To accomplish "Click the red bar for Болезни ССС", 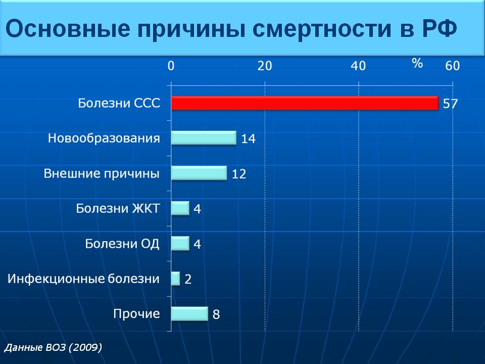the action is point(305,103).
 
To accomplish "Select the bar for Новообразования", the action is point(204,138).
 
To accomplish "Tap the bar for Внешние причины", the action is point(199,173).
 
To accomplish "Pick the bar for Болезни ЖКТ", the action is point(180,208).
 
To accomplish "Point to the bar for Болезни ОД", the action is point(180,243).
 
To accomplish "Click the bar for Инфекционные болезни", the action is point(176,279).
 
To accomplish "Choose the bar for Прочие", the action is point(189,314).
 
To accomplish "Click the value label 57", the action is point(450,103).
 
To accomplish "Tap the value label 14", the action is point(249,139).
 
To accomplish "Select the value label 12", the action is point(239,174).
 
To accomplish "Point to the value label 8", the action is point(216,314).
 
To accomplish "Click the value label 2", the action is point(188,279).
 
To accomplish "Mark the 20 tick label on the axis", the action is point(265,66).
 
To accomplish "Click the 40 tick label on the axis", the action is point(358,66).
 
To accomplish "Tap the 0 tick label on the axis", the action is point(171,66).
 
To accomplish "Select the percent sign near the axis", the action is point(417,63).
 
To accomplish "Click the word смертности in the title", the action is point(322,29).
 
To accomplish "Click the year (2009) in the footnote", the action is point(85,347).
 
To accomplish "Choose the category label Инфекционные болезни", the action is point(83,279).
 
